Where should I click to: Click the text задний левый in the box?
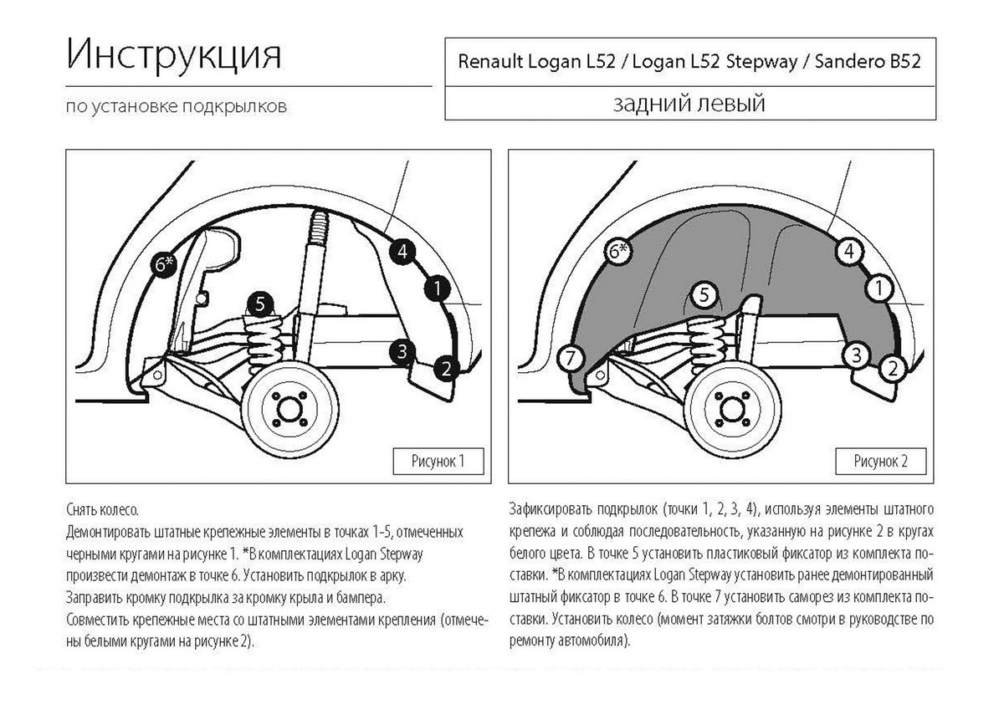point(689,104)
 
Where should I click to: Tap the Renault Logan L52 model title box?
point(689,62)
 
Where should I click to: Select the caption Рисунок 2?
point(879,461)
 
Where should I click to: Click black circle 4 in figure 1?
point(402,250)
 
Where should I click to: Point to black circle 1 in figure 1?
point(436,289)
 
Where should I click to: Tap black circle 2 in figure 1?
point(447,367)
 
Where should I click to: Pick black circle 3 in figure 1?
point(402,350)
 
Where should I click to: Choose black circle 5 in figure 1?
point(260,304)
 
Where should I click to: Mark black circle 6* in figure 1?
point(164,264)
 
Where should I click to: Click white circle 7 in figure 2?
point(570,359)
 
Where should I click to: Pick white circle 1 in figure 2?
point(878,289)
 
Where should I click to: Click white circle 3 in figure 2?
point(855,355)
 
